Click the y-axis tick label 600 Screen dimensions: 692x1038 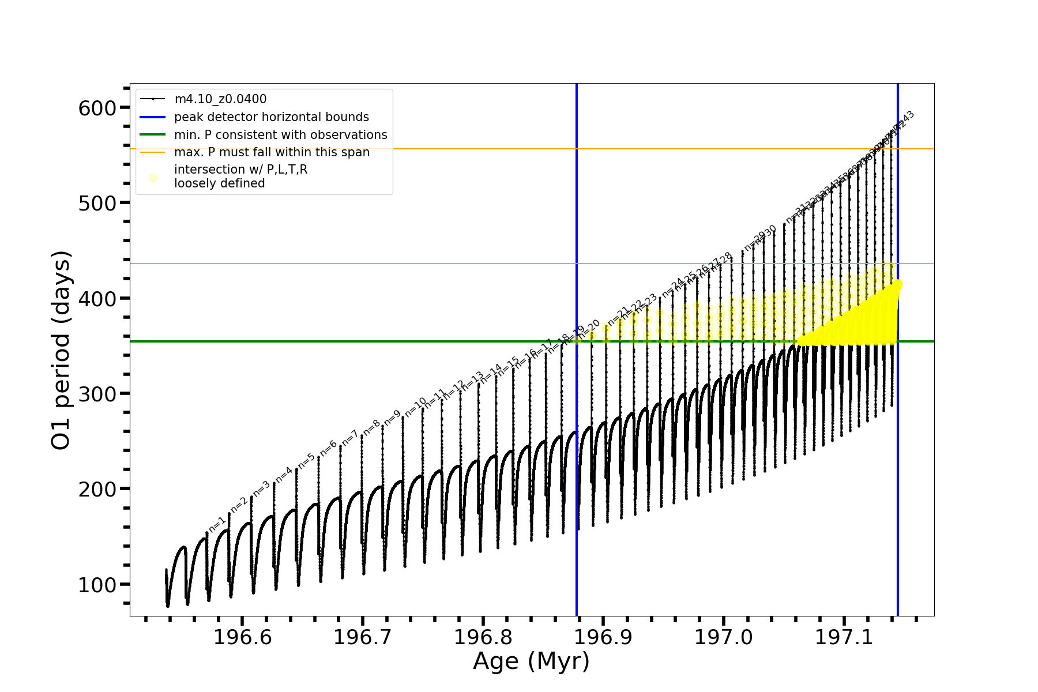pyautogui.click(x=97, y=108)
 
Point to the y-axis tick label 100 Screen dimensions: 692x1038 pyautogui.click(x=97, y=584)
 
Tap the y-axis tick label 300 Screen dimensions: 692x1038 pyautogui.click(x=97, y=394)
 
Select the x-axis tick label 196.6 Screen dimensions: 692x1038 pyautogui.click(x=242, y=637)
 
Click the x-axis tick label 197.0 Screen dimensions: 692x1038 pyautogui.click(x=724, y=637)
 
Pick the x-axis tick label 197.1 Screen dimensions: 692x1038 pyautogui.click(x=844, y=637)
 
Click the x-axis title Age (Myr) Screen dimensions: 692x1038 pyautogui.click(x=531, y=661)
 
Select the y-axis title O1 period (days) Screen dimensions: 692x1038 pyautogui.click(x=61, y=350)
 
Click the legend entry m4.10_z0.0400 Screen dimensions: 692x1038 pyautogui.click(x=220, y=99)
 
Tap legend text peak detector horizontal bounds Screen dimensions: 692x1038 pyautogui.click(x=271, y=117)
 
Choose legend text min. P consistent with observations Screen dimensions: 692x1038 pyautogui.click(x=280, y=135)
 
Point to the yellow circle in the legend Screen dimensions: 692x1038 pyautogui.click(x=153, y=178)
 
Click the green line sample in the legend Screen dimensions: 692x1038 pyautogui.click(x=153, y=135)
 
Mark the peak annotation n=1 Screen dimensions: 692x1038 pyautogui.click(x=217, y=524)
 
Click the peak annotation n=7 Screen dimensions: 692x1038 pyautogui.click(x=350, y=438)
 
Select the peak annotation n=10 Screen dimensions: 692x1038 pyautogui.click(x=415, y=407)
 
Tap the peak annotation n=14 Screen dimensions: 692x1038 pyautogui.click(x=491, y=373)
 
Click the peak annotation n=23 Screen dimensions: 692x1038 pyautogui.click(x=646, y=303)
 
